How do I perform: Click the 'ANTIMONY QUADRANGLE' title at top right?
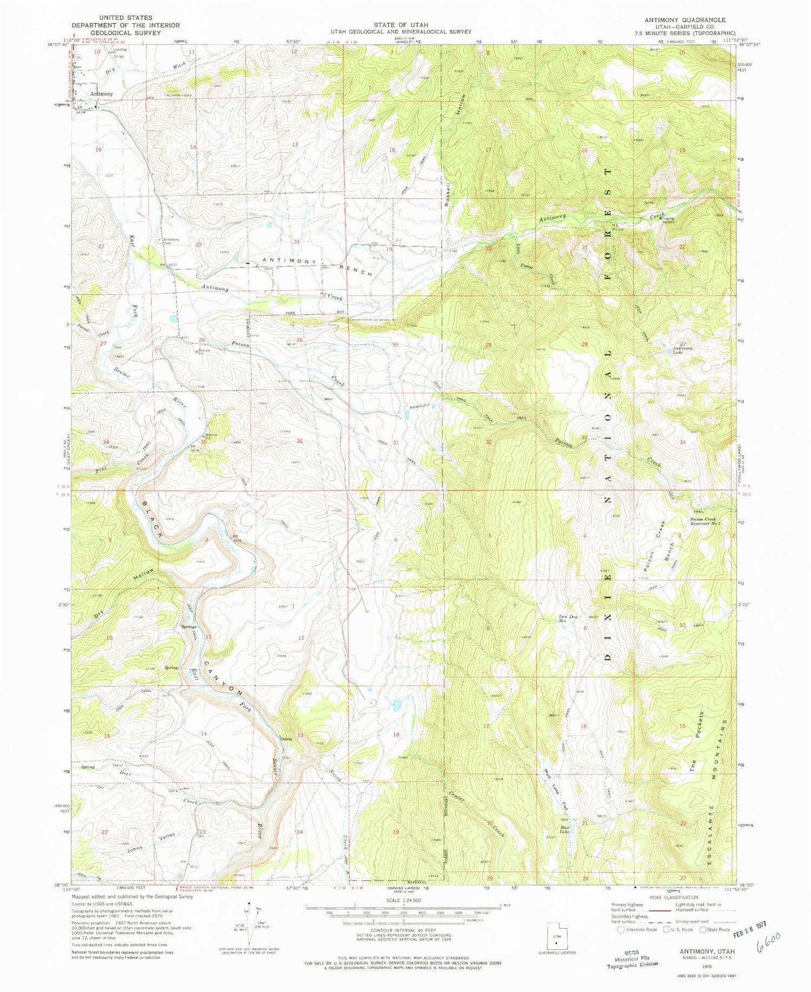[x=685, y=19]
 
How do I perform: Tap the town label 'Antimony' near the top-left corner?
[x=102, y=94]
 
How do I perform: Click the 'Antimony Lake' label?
[x=683, y=350]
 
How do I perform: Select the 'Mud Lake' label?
[x=565, y=829]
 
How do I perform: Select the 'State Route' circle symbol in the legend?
[x=703, y=930]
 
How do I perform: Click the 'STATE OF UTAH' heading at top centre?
[x=401, y=25]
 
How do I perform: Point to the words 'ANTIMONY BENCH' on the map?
[x=317, y=266]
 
